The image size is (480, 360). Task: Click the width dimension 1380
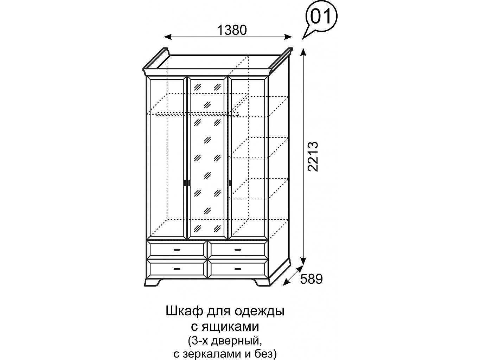pyautogui.click(x=232, y=30)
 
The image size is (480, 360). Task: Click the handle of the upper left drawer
pyautogui.click(x=177, y=250)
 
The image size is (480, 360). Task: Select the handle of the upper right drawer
pyautogui.click(x=237, y=250)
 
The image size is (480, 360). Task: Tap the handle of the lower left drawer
pyautogui.click(x=177, y=269)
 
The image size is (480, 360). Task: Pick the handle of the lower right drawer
pyautogui.click(x=237, y=269)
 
